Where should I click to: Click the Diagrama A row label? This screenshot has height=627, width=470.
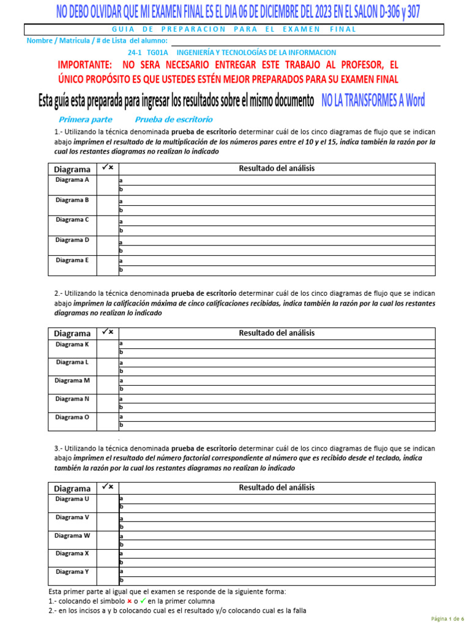[72, 180]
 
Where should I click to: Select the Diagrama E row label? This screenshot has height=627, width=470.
[72, 260]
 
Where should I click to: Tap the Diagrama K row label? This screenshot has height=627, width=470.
[72, 345]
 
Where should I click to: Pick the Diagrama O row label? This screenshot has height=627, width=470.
[72, 417]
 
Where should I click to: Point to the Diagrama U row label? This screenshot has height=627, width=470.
[72, 499]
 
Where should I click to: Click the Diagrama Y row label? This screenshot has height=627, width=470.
[72, 572]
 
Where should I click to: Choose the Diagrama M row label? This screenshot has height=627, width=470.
[72, 380]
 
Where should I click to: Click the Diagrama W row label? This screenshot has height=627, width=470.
[72, 535]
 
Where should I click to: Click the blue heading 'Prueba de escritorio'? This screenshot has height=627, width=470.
[174, 119]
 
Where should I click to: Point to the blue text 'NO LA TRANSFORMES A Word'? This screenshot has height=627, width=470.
[373, 101]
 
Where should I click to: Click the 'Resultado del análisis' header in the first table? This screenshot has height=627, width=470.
[277, 168]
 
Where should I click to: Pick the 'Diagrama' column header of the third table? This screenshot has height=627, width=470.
[72, 488]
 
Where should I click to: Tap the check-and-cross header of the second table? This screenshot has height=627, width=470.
[108, 332]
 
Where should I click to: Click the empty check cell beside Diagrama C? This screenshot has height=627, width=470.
[108, 225]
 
